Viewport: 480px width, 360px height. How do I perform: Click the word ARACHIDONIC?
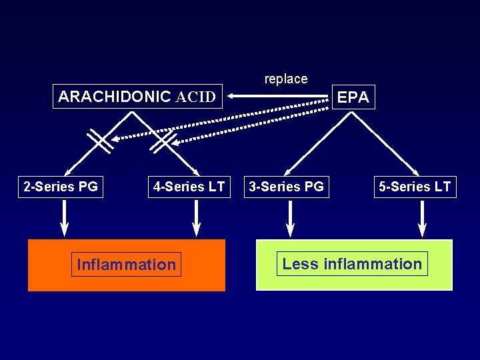115,97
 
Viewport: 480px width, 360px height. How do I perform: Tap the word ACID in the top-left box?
195,97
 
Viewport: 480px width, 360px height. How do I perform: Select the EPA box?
353,97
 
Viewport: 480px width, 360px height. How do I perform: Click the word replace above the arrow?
286,79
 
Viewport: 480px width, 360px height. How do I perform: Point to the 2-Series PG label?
61,187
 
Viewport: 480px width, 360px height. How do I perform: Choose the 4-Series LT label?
189,187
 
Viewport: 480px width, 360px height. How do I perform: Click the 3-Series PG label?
286,187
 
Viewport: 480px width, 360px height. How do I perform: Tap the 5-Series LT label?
415,187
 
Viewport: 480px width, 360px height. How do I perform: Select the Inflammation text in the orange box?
126,265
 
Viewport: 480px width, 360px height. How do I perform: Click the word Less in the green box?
300,264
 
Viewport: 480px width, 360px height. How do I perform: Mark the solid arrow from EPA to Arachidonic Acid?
280,97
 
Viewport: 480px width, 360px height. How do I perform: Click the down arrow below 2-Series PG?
65,219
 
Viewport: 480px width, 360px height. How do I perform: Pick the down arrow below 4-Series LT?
196,219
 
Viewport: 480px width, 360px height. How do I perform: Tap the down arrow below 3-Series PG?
291,219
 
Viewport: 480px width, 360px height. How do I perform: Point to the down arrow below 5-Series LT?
422,219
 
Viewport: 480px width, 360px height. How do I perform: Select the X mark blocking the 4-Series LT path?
163,140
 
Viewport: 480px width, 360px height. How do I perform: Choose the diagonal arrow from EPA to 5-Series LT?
387,143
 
